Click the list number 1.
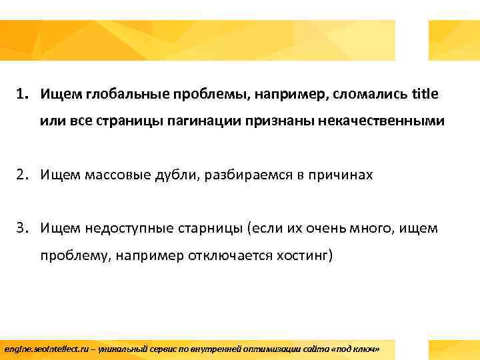(22, 94)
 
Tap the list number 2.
(22, 175)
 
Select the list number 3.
(22, 229)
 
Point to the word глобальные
(118, 94)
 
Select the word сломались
(373, 94)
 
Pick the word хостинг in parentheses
(300, 257)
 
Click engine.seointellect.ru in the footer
(42, 349)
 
